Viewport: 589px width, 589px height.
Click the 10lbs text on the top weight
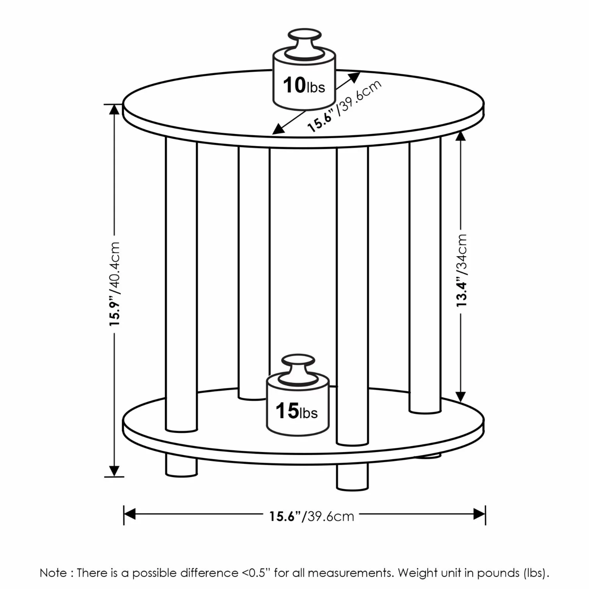coord(304,86)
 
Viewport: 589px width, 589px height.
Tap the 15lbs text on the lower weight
coord(297,411)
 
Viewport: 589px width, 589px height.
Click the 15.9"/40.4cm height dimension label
coord(114,283)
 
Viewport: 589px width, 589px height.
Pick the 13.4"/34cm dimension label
coord(461,271)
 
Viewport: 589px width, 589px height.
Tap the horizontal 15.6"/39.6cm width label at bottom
coord(311,516)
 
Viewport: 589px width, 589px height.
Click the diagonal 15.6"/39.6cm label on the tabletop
coord(344,106)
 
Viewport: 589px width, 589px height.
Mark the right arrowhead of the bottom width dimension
coord(480,514)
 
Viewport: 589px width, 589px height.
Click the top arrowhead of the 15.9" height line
coord(114,110)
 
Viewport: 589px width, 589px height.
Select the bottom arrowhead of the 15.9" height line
coord(114,471)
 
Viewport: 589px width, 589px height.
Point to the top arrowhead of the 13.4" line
coord(461,136)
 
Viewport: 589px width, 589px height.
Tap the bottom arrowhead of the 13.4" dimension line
coord(461,396)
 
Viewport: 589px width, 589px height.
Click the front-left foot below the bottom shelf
coord(181,466)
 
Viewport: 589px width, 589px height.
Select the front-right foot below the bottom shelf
coord(352,477)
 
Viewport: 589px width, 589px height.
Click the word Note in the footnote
coord(53,573)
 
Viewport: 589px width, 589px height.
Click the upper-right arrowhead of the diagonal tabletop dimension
coord(355,77)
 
